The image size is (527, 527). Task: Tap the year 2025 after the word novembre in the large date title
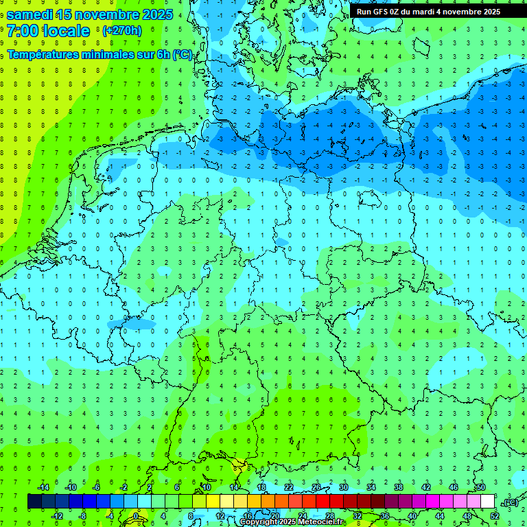pos(154,14)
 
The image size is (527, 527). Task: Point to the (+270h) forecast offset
pos(121,31)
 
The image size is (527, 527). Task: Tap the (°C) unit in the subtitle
pos(183,55)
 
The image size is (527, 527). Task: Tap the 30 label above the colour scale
pos(343,487)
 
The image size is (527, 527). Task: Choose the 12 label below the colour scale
pos(220,516)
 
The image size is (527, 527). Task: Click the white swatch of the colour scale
pos(488,502)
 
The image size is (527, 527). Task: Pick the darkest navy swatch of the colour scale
pos(34,502)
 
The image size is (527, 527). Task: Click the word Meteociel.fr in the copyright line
pos(321,522)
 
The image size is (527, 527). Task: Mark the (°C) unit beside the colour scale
pos(510,502)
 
